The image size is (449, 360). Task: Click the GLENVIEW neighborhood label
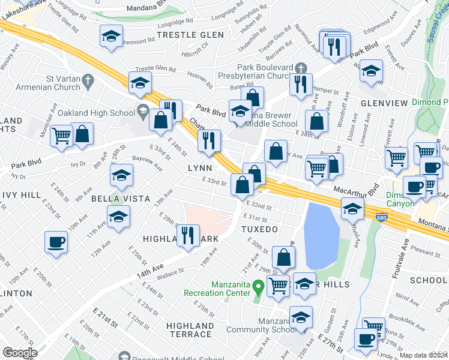click(x=384, y=103)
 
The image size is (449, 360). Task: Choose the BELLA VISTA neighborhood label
click(x=116, y=198)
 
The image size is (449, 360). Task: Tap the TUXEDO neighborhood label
click(x=260, y=229)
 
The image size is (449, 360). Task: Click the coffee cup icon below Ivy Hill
click(x=56, y=242)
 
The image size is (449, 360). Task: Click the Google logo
click(x=20, y=352)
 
